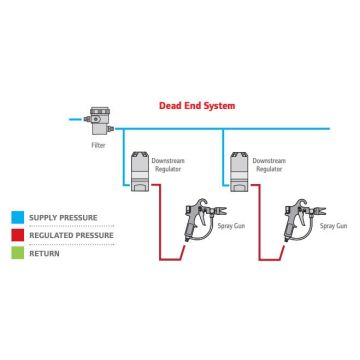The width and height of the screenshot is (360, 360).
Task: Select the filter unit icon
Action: pos(97,121)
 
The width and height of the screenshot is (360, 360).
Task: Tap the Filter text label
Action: pos(97,145)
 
